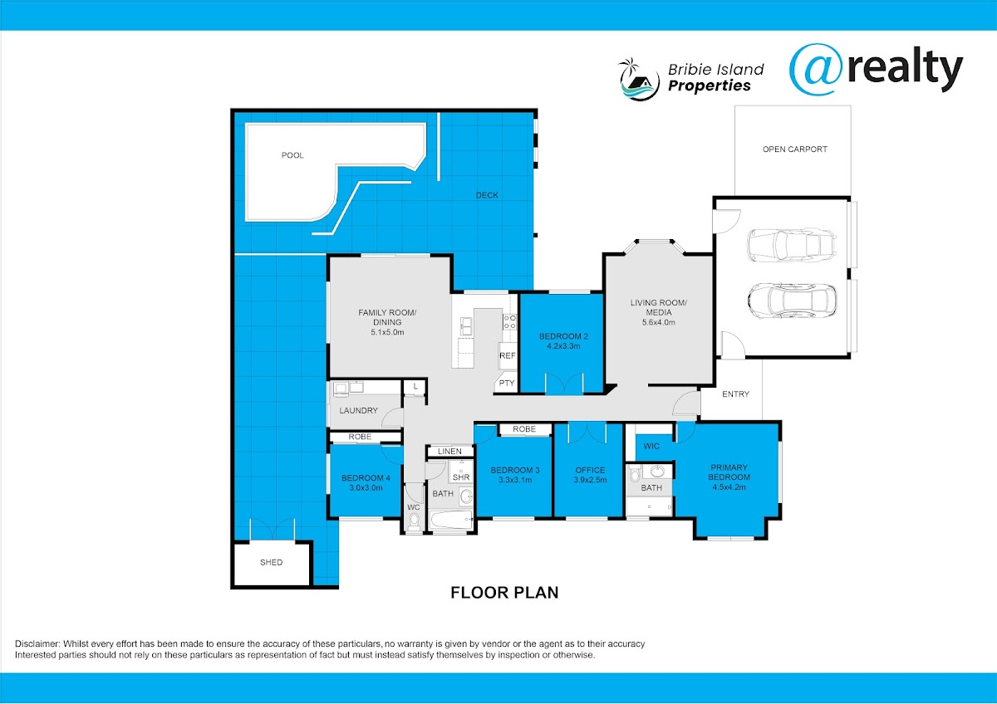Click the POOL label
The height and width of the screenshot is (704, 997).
pos(292,155)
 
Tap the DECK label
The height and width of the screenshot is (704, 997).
pos(487,195)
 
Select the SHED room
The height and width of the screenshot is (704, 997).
pos(272,564)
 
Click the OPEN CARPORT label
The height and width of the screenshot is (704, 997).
pos(795,149)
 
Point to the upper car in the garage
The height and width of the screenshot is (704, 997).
pos(792,245)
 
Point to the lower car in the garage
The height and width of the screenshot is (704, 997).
pos(792,301)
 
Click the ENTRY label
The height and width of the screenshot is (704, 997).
pos(736,394)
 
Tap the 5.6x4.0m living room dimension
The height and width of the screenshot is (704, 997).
pos(659,322)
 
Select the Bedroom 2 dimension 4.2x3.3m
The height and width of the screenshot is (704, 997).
pos(563,346)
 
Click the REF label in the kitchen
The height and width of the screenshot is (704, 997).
pos(508,356)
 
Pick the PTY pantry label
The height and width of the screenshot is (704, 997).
pos(507,383)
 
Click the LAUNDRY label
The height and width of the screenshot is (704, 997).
pos(358,410)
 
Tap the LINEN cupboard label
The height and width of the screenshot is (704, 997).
pos(449,452)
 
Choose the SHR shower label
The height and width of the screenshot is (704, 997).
pos(461,477)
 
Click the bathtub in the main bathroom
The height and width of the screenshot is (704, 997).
pos(451,520)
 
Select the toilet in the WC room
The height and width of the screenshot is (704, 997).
pos(414,521)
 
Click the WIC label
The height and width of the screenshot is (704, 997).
pos(651,446)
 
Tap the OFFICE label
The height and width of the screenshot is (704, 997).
pos(590,470)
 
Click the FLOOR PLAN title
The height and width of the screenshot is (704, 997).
pos(504,593)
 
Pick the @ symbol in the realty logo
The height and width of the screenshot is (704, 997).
pos(815,70)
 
